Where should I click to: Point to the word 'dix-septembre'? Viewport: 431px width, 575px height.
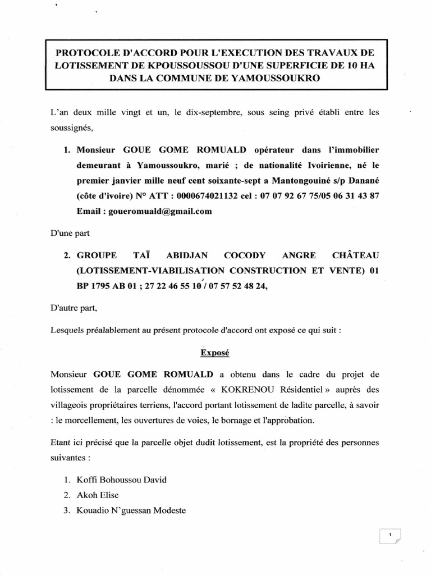(208, 113)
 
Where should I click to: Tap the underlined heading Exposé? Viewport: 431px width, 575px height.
(215, 354)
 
